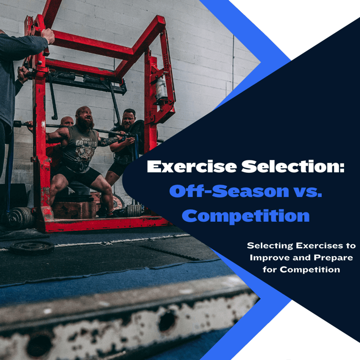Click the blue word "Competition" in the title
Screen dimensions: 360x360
click(246, 215)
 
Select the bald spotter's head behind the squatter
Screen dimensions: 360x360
click(67, 122)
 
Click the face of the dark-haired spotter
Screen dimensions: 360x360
click(129, 117)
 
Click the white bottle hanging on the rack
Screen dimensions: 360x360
click(161, 88)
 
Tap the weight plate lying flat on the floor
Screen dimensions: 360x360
click(32, 247)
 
